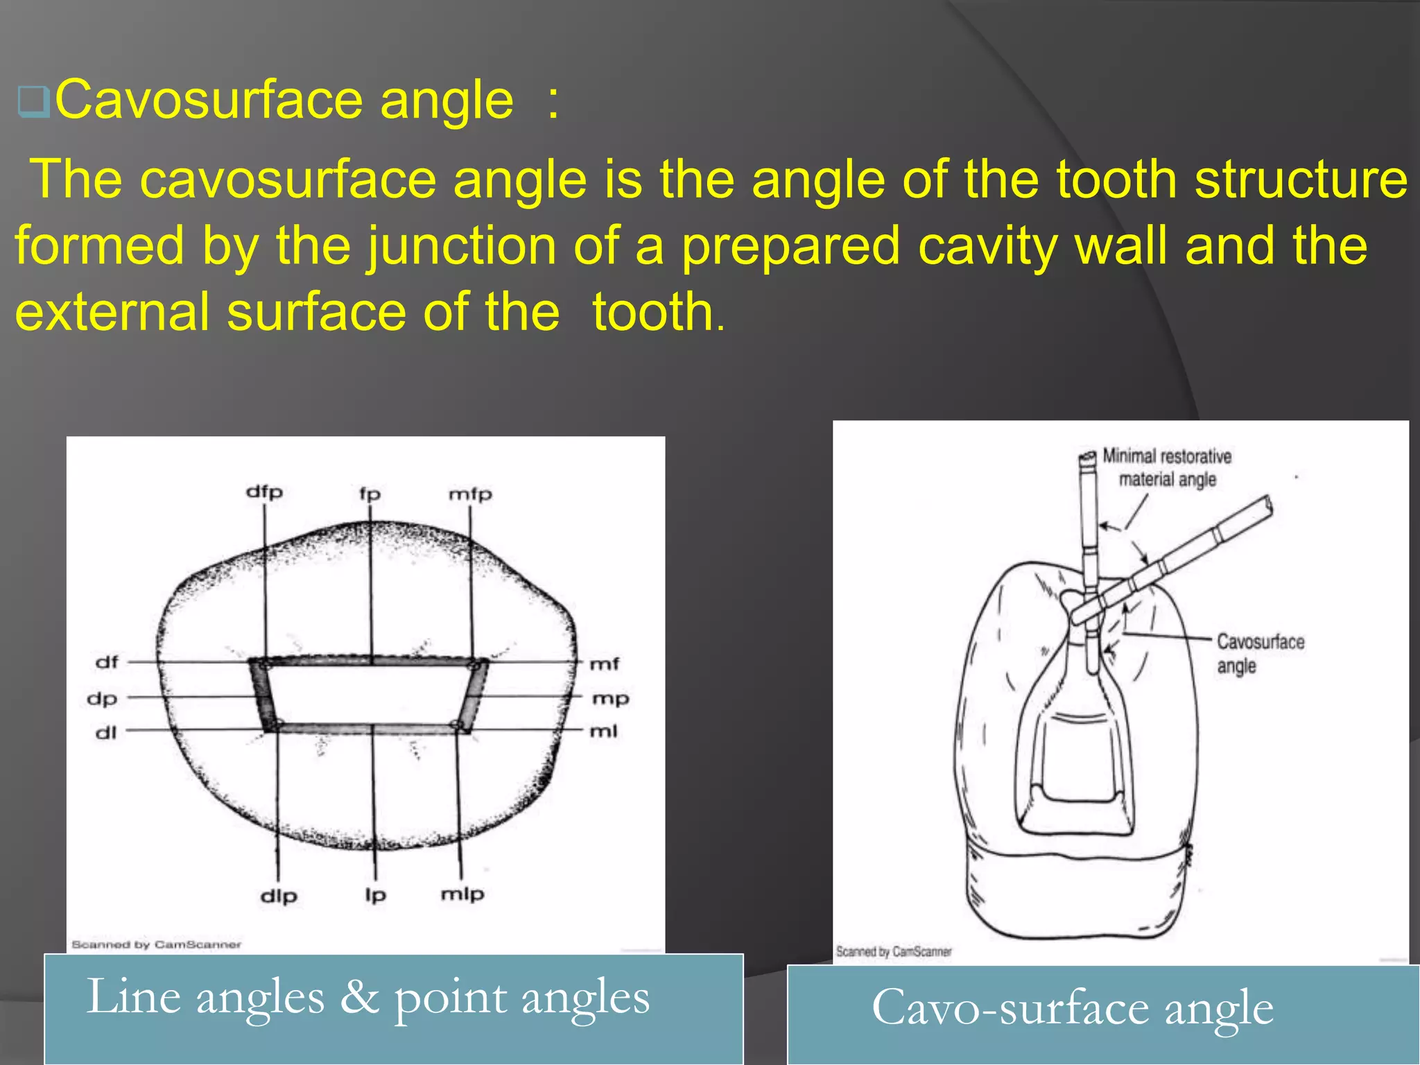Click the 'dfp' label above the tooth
click(264, 492)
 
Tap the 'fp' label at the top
click(370, 494)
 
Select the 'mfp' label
click(470, 494)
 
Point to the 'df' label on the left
click(107, 662)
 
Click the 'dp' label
click(102, 699)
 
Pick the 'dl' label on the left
click(105, 732)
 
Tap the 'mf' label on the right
click(604, 664)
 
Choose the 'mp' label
click(610, 699)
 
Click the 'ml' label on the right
click(603, 731)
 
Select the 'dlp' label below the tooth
click(279, 897)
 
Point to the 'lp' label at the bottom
click(375, 895)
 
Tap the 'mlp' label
click(462, 894)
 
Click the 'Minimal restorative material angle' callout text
click(1167, 468)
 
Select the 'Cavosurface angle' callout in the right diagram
click(1260, 653)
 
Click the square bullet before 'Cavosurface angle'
click(33, 102)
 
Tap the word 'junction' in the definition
click(461, 245)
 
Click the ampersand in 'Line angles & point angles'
click(358, 997)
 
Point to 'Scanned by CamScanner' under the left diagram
click(157, 944)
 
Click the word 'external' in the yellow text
click(112, 312)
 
